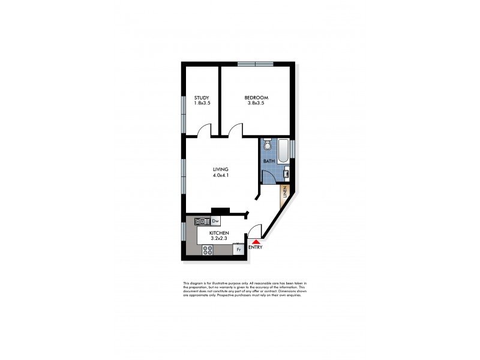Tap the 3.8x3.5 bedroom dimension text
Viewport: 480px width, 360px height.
[x=256, y=103]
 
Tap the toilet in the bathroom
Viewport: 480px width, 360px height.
[x=268, y=146]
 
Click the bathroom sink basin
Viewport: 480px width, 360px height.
[x=286, y=175]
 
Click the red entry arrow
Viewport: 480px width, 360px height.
[x=255, y=241]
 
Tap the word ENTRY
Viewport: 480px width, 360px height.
[x=255, y=247]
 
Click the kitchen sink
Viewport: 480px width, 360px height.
[x=200, y=221]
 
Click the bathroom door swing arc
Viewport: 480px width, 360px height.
[x=268, y=175]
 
